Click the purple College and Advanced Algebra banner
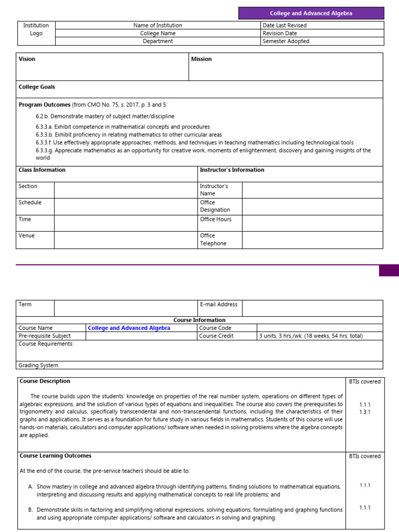coord(311,14)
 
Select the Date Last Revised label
coord(284,25)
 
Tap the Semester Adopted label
coord(286,42)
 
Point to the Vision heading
coord(27,59)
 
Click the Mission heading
coord(202,59)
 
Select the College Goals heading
coord(37,87)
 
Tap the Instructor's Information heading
coord(232,170)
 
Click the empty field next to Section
coord(125,190)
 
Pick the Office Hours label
coord(216,219)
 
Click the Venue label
coord(26,236)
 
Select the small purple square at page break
coord(389,270)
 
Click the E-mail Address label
coord(219,304)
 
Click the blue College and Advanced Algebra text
coord(129,328)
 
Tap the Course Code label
coord(215,328)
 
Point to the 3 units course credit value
coord(311,336)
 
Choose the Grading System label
coord(38,365)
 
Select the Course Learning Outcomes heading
coord(56,456)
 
